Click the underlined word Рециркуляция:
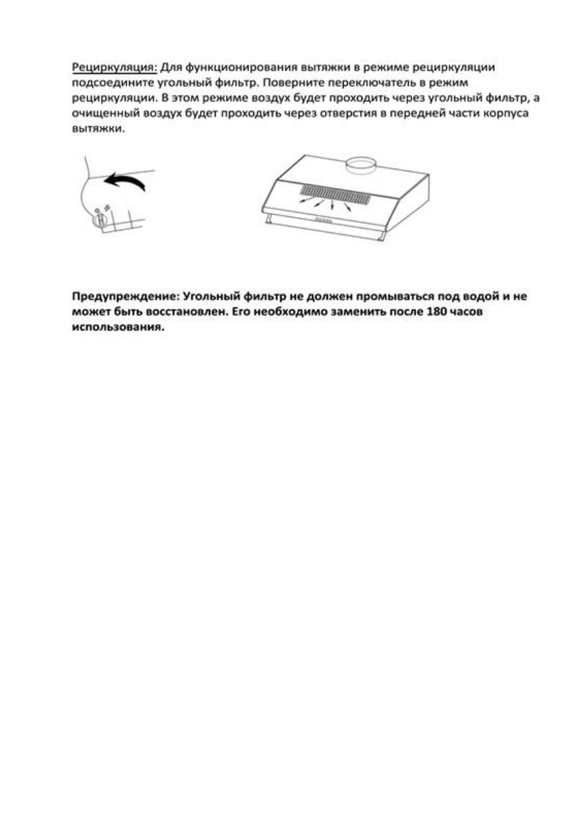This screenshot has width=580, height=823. (115, 68)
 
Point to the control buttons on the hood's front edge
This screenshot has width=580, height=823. (324, 222)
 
